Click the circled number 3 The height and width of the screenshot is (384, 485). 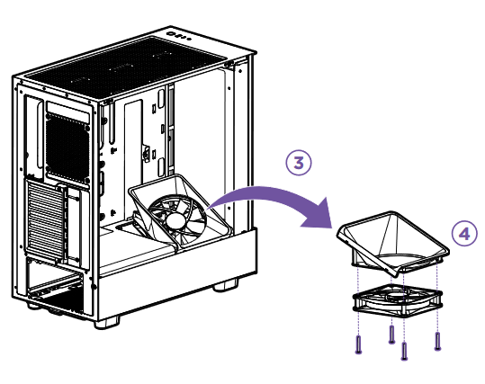[x=299, y=163]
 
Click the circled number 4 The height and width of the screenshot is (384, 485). [x=463, y=234]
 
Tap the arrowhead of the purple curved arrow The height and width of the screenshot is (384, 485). [x=322, y=223]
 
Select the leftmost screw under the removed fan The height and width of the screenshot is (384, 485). [x=359, y=344]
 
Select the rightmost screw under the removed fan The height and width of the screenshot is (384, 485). [x=437, y=340]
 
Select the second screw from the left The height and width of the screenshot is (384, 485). [x=391, y=335]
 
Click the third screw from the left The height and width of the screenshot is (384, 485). [x=405, y=352]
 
